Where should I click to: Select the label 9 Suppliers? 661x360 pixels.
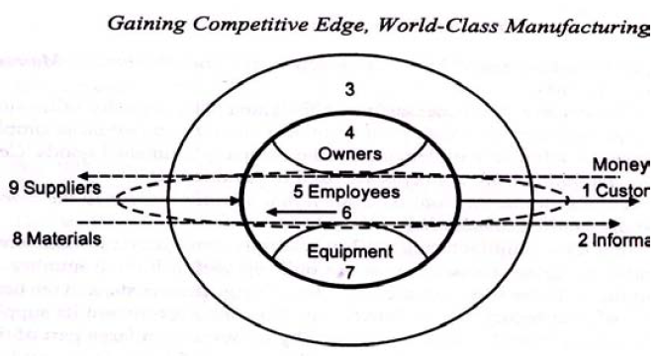point(53,188)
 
